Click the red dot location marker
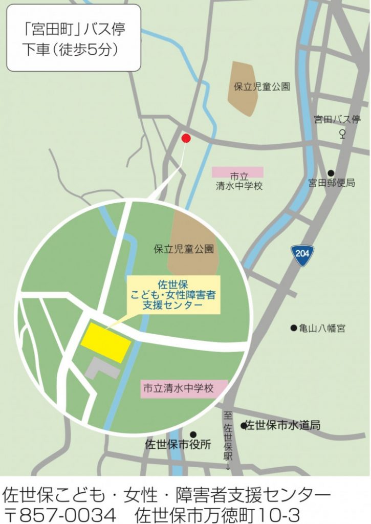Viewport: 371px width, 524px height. tap(186, 138)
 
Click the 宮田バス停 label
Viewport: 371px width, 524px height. tap(337, 120)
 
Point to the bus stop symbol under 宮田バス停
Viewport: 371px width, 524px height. tap(342, 135)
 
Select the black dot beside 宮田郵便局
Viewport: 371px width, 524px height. tap(331, 173)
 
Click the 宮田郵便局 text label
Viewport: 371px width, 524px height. tap(332, 183)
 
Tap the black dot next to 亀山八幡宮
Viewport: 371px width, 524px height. tap(294, 328)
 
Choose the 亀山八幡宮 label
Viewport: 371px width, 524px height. tap(322, 329)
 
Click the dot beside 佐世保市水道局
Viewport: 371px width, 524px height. tap(244, 425)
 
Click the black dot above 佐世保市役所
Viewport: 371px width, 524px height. tap(193, 434)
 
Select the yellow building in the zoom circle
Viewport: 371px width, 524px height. tap(106, 342)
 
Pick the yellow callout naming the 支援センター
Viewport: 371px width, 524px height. tap(174, 295)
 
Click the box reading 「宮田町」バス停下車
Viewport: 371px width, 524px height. tap(74, 37)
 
